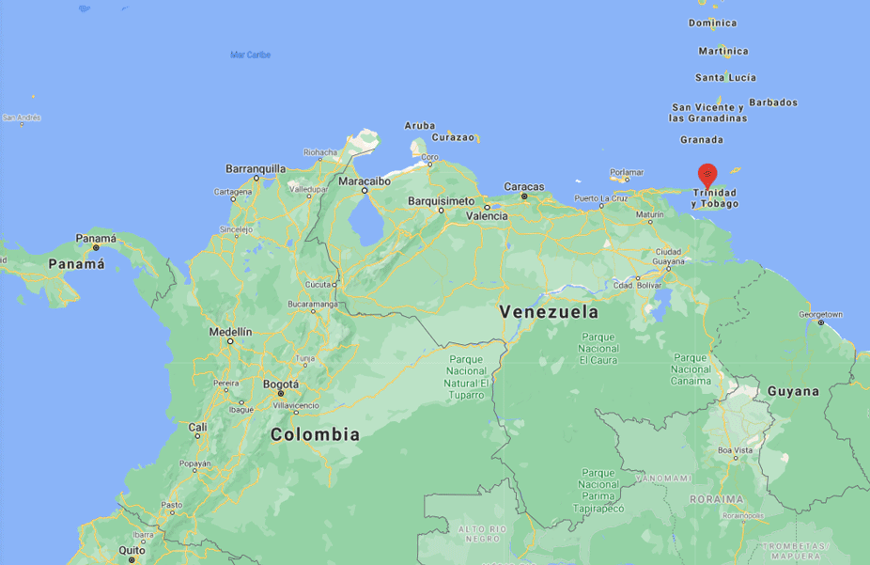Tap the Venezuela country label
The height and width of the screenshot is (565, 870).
point(549,311)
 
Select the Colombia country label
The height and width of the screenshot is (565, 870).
point(315,434)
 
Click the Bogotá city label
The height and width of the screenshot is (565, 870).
point(281,384)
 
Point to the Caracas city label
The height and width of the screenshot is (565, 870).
point(524,186)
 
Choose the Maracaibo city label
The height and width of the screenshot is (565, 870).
point(364,180)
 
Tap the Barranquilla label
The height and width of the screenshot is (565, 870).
point(255,169)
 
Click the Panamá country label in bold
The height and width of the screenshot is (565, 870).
point(77,264)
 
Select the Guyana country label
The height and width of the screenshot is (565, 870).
point(793,391)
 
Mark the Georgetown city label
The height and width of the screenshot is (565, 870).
point(820,314)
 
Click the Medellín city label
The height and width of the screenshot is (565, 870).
point(230,332)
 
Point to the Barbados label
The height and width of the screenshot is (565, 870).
point(772,102)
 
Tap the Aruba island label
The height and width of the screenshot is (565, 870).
point(420,125)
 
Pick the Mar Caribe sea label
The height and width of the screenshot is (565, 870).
point(251,55)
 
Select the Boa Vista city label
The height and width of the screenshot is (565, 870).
point(736,449)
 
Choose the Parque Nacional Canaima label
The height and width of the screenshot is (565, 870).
point(691,369)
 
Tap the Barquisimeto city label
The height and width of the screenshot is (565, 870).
point(441,201)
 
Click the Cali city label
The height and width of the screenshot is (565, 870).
point(198,427)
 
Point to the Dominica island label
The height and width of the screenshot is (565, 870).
point(712,23)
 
